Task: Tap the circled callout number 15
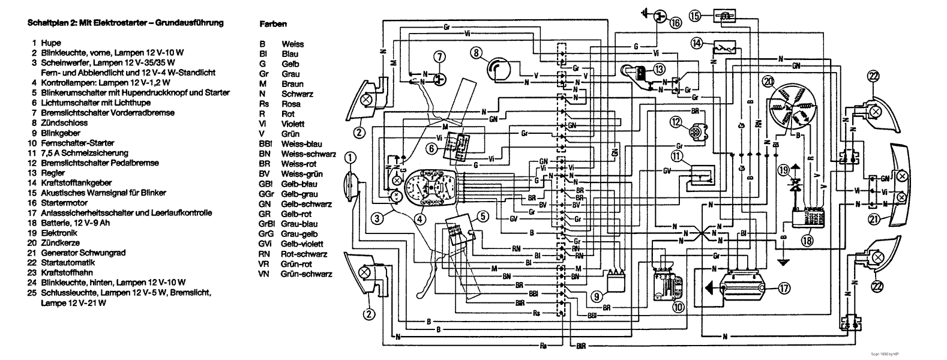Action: coord(695,16)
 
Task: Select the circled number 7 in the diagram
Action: coord(440,57)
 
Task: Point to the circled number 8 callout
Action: coord(477,53)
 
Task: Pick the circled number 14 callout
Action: coord(697,43)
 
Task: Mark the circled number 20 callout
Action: coord(766,81)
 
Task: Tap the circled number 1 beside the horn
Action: coord(351,158)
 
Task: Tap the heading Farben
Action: coord(273,25)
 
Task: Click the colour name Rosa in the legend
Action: coord(291,104)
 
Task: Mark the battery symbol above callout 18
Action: coord(811,217)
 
